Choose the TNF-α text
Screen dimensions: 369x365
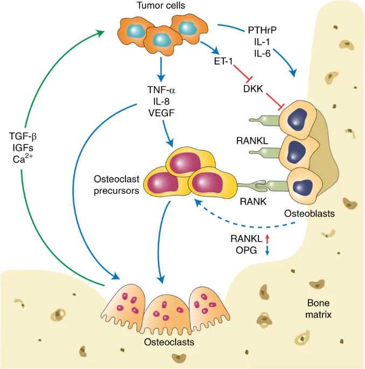pos(159,89)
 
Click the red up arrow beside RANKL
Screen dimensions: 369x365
pos(268,239)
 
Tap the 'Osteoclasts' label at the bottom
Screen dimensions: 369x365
pos(166,342)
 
